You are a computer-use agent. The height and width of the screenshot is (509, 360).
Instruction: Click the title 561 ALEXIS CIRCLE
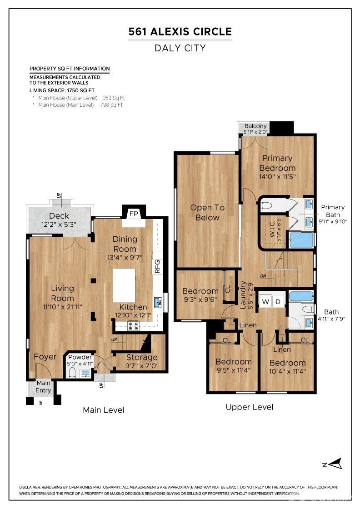click(180, 31)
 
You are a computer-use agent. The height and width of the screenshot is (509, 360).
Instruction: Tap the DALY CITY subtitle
click(180, 48)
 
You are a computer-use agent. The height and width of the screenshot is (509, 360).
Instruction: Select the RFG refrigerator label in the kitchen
click(158, 266)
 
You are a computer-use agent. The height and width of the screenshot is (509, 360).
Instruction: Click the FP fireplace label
click(134, 214)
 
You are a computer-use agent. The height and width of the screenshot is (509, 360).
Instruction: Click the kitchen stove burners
click(133, 325)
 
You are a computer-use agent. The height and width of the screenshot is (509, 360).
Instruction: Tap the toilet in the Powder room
click(72, 373)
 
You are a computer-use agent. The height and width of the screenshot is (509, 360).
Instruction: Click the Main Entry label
click(44, 386)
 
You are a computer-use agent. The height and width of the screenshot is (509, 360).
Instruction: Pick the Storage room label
click(141, 357)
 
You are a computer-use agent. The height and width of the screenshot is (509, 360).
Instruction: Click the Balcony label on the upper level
click(255, 126)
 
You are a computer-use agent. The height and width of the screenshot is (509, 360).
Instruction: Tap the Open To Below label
click(207, 212)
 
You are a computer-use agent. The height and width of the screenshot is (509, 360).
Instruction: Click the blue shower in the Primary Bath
click(301, 240)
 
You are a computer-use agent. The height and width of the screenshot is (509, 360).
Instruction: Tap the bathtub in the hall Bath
click(301, 296)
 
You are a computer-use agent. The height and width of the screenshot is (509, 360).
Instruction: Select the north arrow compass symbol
click(335, 464)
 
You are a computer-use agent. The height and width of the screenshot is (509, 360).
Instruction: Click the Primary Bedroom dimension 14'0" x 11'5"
click(277, 176)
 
